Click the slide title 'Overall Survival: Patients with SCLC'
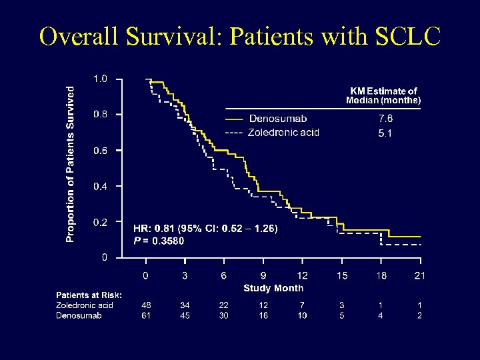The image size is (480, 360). pyautogui.click(x=240, y=37)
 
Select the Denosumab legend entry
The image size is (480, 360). pyautogui.click(x=277, y=119)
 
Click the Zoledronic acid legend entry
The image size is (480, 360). pyautogui.click(x=283, y=133)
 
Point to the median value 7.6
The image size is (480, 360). pyautogui.click(x=385, y=119)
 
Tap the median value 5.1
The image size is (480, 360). pyautogui.click(x=385, y=133)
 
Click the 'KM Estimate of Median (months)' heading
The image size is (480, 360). pyautogui.click(x=383, y=96)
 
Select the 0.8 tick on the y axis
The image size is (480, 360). pyautogui.click(x=99, y=114)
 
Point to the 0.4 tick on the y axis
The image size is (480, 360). pyautogui.click(x=99, y=186)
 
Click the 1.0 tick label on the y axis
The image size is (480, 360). pyautogui.click(x=99, y=79)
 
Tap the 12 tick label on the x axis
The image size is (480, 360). pyautogui.click(x=302, y=275)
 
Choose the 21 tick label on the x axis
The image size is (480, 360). pyautogui.click(x=419, y=275)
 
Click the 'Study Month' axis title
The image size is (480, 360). pyautogui.click(x=273, y=288)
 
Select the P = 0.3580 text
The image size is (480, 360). pyautogui.click(x=159, y=241)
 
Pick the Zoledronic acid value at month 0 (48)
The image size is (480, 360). pyautogui.click(x=146, y=305)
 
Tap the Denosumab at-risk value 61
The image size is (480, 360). pyautogui.click(x=146, y=315)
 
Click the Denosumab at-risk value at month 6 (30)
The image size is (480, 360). pyautogui.click(x=224, y=315)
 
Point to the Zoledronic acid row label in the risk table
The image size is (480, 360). pyautogui.click(x=85, y=305)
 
